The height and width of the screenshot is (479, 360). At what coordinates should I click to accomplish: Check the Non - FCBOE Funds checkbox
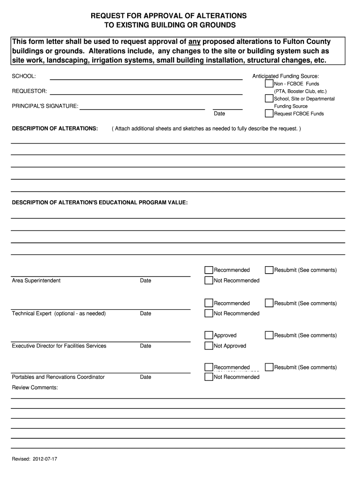click(x=269, y=84)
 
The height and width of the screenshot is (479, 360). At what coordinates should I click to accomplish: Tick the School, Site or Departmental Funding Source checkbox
click(x=269, y=99)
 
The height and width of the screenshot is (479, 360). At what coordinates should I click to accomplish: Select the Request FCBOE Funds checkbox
click(x=269, y=113)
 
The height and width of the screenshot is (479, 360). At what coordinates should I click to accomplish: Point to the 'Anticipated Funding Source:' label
click(x=286, y=76)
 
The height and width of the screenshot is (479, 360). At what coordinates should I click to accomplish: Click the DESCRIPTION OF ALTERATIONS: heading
click(x=55, y=128)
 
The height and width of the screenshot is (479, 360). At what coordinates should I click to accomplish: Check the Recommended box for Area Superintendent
click(x=209, y=270)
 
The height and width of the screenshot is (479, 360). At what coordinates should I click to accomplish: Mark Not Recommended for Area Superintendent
click(x=209, y=281)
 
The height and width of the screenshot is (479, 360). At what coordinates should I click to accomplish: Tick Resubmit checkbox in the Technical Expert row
click(x=269, y=303)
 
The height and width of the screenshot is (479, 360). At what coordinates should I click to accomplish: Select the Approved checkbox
click(x=209, y=335)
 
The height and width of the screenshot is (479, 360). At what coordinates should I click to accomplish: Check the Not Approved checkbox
click(x=209, y=346)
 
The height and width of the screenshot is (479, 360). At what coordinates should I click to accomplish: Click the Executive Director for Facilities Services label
click(x=59, y=346)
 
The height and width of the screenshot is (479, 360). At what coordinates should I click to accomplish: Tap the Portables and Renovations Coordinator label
click(x=58, y=377)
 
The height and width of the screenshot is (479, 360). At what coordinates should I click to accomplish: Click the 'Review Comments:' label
click(x=35, y=387)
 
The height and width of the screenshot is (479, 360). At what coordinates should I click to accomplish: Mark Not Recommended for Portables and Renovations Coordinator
click(x=209, y=377)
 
